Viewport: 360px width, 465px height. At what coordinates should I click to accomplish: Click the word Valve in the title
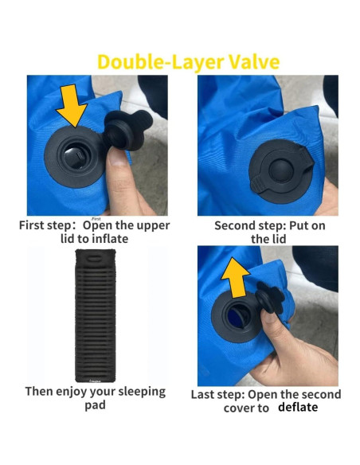point(254,62)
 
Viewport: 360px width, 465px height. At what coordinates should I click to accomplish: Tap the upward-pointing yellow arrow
point(235,277)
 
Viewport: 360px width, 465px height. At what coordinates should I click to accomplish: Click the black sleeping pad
point(96,315)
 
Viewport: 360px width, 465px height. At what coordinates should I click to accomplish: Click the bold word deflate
point(298,407)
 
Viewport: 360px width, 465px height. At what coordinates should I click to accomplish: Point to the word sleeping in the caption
point(142,392)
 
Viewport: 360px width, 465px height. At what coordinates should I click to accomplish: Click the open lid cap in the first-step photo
point(127,130)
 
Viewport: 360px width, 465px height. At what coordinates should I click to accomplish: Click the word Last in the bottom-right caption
point(202,395)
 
